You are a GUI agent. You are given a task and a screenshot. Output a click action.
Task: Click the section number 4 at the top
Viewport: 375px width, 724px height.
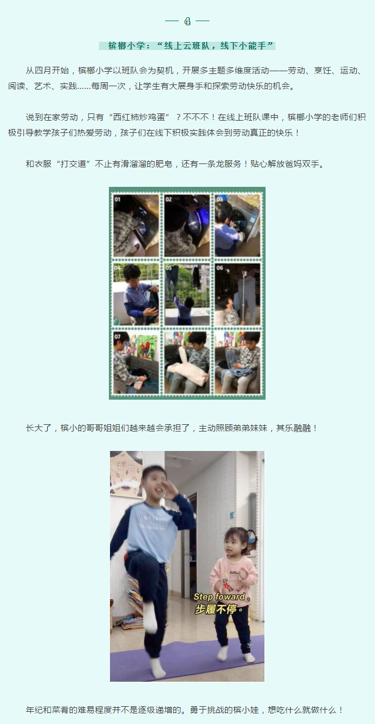click(187, 21)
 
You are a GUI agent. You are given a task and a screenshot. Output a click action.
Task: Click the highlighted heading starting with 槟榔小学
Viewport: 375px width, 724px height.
click(187, 46)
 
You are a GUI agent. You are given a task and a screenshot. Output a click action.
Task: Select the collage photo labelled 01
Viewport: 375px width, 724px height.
click(136, 226)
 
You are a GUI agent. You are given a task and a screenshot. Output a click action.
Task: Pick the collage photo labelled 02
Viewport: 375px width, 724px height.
click(187, 226)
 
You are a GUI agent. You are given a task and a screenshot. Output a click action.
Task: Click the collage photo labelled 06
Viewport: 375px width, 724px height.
click(238, 294)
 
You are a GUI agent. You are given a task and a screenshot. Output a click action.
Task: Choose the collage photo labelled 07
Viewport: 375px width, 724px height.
click(136, 363)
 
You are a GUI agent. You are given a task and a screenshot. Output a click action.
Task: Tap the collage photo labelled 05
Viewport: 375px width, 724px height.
click(187, 294)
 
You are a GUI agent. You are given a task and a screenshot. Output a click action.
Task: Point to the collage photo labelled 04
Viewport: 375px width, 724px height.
click(136, 294)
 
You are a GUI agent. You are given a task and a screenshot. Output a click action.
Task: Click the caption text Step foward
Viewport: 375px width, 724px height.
click(222, 597)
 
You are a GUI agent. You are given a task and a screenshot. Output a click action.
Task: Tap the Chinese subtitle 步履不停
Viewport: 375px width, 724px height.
click(219, 609)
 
